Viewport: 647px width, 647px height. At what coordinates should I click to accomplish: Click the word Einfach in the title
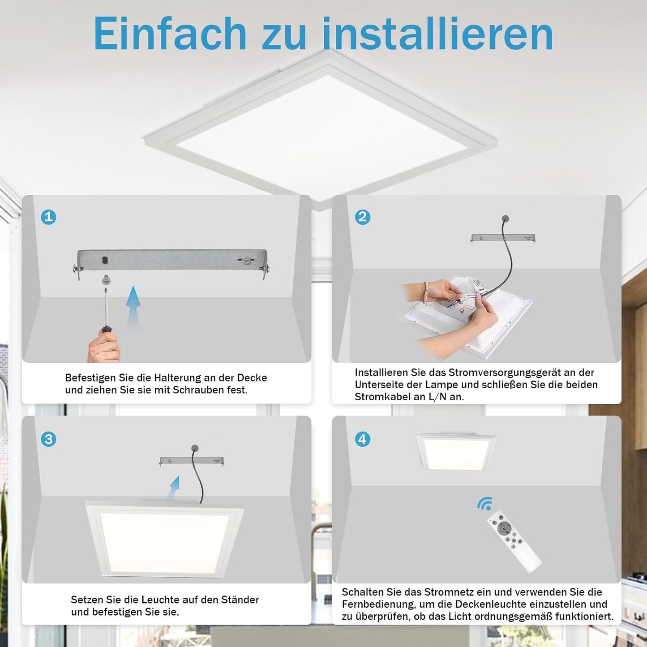(x=170, y=34)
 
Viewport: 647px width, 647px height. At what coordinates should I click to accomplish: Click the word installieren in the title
(x=438, y=34)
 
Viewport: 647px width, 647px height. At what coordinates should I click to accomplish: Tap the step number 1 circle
(x=48, y=217)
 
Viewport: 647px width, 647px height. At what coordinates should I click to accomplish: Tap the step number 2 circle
(x=363, y=217)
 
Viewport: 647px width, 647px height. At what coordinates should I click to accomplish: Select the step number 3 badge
(x=48, y=439)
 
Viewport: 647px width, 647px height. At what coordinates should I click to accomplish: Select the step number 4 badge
(x=363, y=439)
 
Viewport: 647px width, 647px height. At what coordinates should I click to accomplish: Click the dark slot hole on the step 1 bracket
(x=105, y=260)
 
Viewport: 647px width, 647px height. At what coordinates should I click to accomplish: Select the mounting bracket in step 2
(x=503, y=238)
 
